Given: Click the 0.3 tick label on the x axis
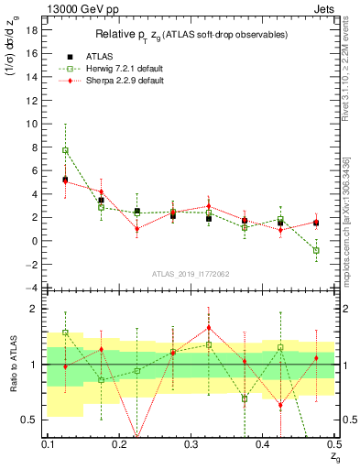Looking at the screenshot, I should (191, 443).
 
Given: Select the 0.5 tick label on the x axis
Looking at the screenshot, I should (335, 443).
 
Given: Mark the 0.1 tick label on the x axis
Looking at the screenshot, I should (48, 443).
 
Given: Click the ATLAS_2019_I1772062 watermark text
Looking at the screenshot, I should (191, 274).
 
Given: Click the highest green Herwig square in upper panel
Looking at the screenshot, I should (65, 150).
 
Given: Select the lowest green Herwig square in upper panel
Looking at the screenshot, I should (316, 250).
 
